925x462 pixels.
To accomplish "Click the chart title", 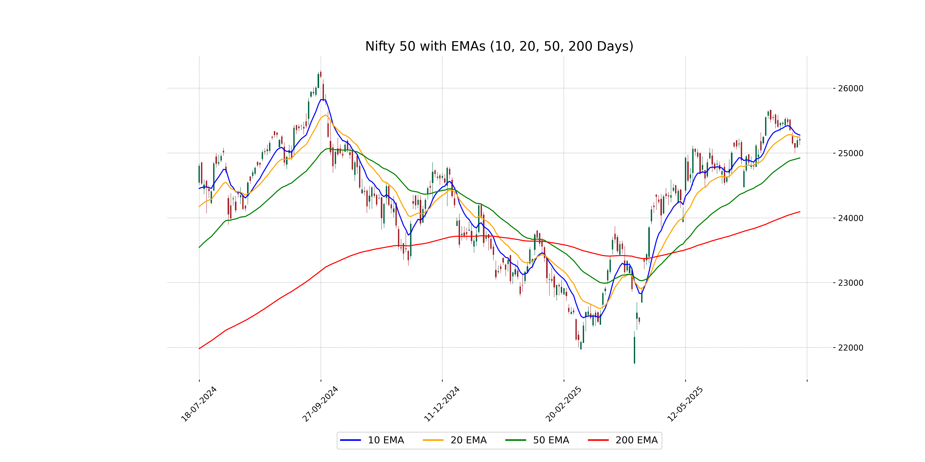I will [499, 46].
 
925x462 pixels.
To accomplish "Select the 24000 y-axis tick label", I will [850, 218].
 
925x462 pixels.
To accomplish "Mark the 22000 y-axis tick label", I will [850, 348].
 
